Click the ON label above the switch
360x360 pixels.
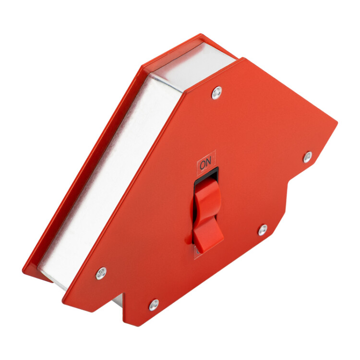coord(205,164)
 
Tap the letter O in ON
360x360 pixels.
coord(203,165)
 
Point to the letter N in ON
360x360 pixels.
coord(208,163)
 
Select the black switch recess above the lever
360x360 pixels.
coord(206,176)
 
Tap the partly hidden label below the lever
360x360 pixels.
coord(197,252)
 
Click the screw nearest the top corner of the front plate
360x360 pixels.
coord(217,93)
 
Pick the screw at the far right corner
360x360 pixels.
coord(308,157)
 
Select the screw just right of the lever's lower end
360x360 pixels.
coord(263,230)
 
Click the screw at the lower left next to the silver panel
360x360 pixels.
coord(101,274)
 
